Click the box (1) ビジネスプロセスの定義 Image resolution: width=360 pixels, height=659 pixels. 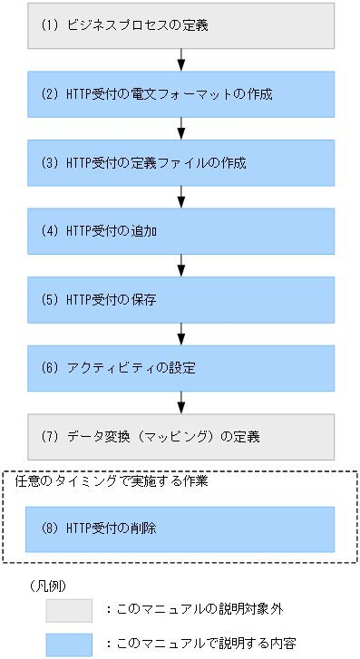coord(181,25)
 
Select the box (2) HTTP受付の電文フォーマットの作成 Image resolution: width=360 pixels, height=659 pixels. coord(181,94)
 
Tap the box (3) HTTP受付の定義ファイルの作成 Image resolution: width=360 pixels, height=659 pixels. coord(181,163)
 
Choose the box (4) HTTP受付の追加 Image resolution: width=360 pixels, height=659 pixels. coord(181,231)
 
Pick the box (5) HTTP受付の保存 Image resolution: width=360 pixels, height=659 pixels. coord(181,300)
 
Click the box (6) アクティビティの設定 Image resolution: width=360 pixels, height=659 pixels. coord(181,369)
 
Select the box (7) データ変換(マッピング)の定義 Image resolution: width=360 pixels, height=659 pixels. coord(181,437)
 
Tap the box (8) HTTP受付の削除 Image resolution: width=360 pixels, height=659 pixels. coord(181,528)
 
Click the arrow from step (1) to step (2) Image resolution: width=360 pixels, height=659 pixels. coord(181,60)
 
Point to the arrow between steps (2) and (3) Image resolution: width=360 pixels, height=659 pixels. coord(181,129)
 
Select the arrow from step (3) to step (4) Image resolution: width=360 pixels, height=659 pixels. coord(181,197)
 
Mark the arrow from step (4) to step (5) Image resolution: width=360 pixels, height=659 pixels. coord(181,266)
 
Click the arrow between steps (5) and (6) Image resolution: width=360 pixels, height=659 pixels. coord(181,334)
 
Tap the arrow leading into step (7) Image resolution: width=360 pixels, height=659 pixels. coord(181,402)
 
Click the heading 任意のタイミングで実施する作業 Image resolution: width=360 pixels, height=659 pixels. coord(113,482)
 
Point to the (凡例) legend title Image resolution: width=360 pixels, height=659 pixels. coord(48,586)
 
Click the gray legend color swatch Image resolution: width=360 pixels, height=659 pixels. coord(70,610)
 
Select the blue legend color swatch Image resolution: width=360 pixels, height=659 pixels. coord(70,644)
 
